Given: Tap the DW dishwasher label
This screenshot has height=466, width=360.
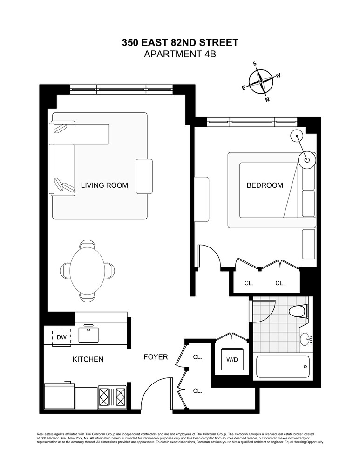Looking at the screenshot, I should tap(61, 337).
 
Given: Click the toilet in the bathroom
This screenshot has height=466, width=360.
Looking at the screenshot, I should tap(297, 311).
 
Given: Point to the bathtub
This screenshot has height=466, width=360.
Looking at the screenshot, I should tap(282, 367).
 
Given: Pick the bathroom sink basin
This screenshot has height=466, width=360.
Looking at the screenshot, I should tap(306, 340).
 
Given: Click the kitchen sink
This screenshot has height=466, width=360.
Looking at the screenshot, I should tap(89, 334).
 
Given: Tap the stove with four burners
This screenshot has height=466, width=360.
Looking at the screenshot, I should tap(112, 397).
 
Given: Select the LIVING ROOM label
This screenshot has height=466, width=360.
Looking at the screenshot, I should tap(104, 185).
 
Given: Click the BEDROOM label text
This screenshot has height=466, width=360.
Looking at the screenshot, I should tap(265, 185).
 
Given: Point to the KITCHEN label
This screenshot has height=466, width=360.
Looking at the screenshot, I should tap(88, 360).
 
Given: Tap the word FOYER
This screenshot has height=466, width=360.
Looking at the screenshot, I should tap(155, 357).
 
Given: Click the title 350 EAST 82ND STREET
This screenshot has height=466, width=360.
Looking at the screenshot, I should tap(180, 43).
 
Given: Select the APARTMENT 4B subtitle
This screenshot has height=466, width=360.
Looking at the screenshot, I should tap(180, 54).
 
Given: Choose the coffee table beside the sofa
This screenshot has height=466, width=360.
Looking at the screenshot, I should tap(144, 176).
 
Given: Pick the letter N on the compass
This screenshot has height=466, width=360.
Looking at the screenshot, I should tap(267, 99).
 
